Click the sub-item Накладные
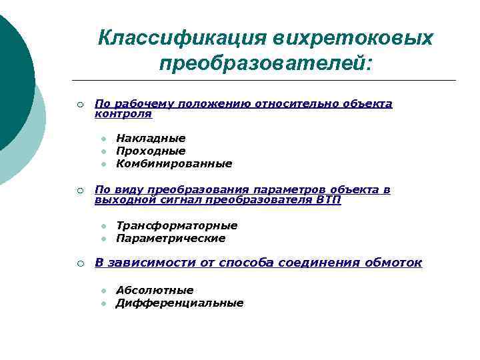pos(151,138)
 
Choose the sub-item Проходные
pos(151,151)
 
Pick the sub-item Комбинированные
pos(174,163)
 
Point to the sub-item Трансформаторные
pos(177,225)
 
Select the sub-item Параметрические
pos(171,238)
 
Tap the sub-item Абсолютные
pos(155,290)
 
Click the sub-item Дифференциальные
pos(179,303)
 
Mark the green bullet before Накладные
pos(104,139)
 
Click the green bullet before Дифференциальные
pos(104,303)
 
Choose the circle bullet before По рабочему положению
pos(79,104)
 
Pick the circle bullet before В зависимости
pos(79,263)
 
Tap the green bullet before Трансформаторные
pos(104,226)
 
